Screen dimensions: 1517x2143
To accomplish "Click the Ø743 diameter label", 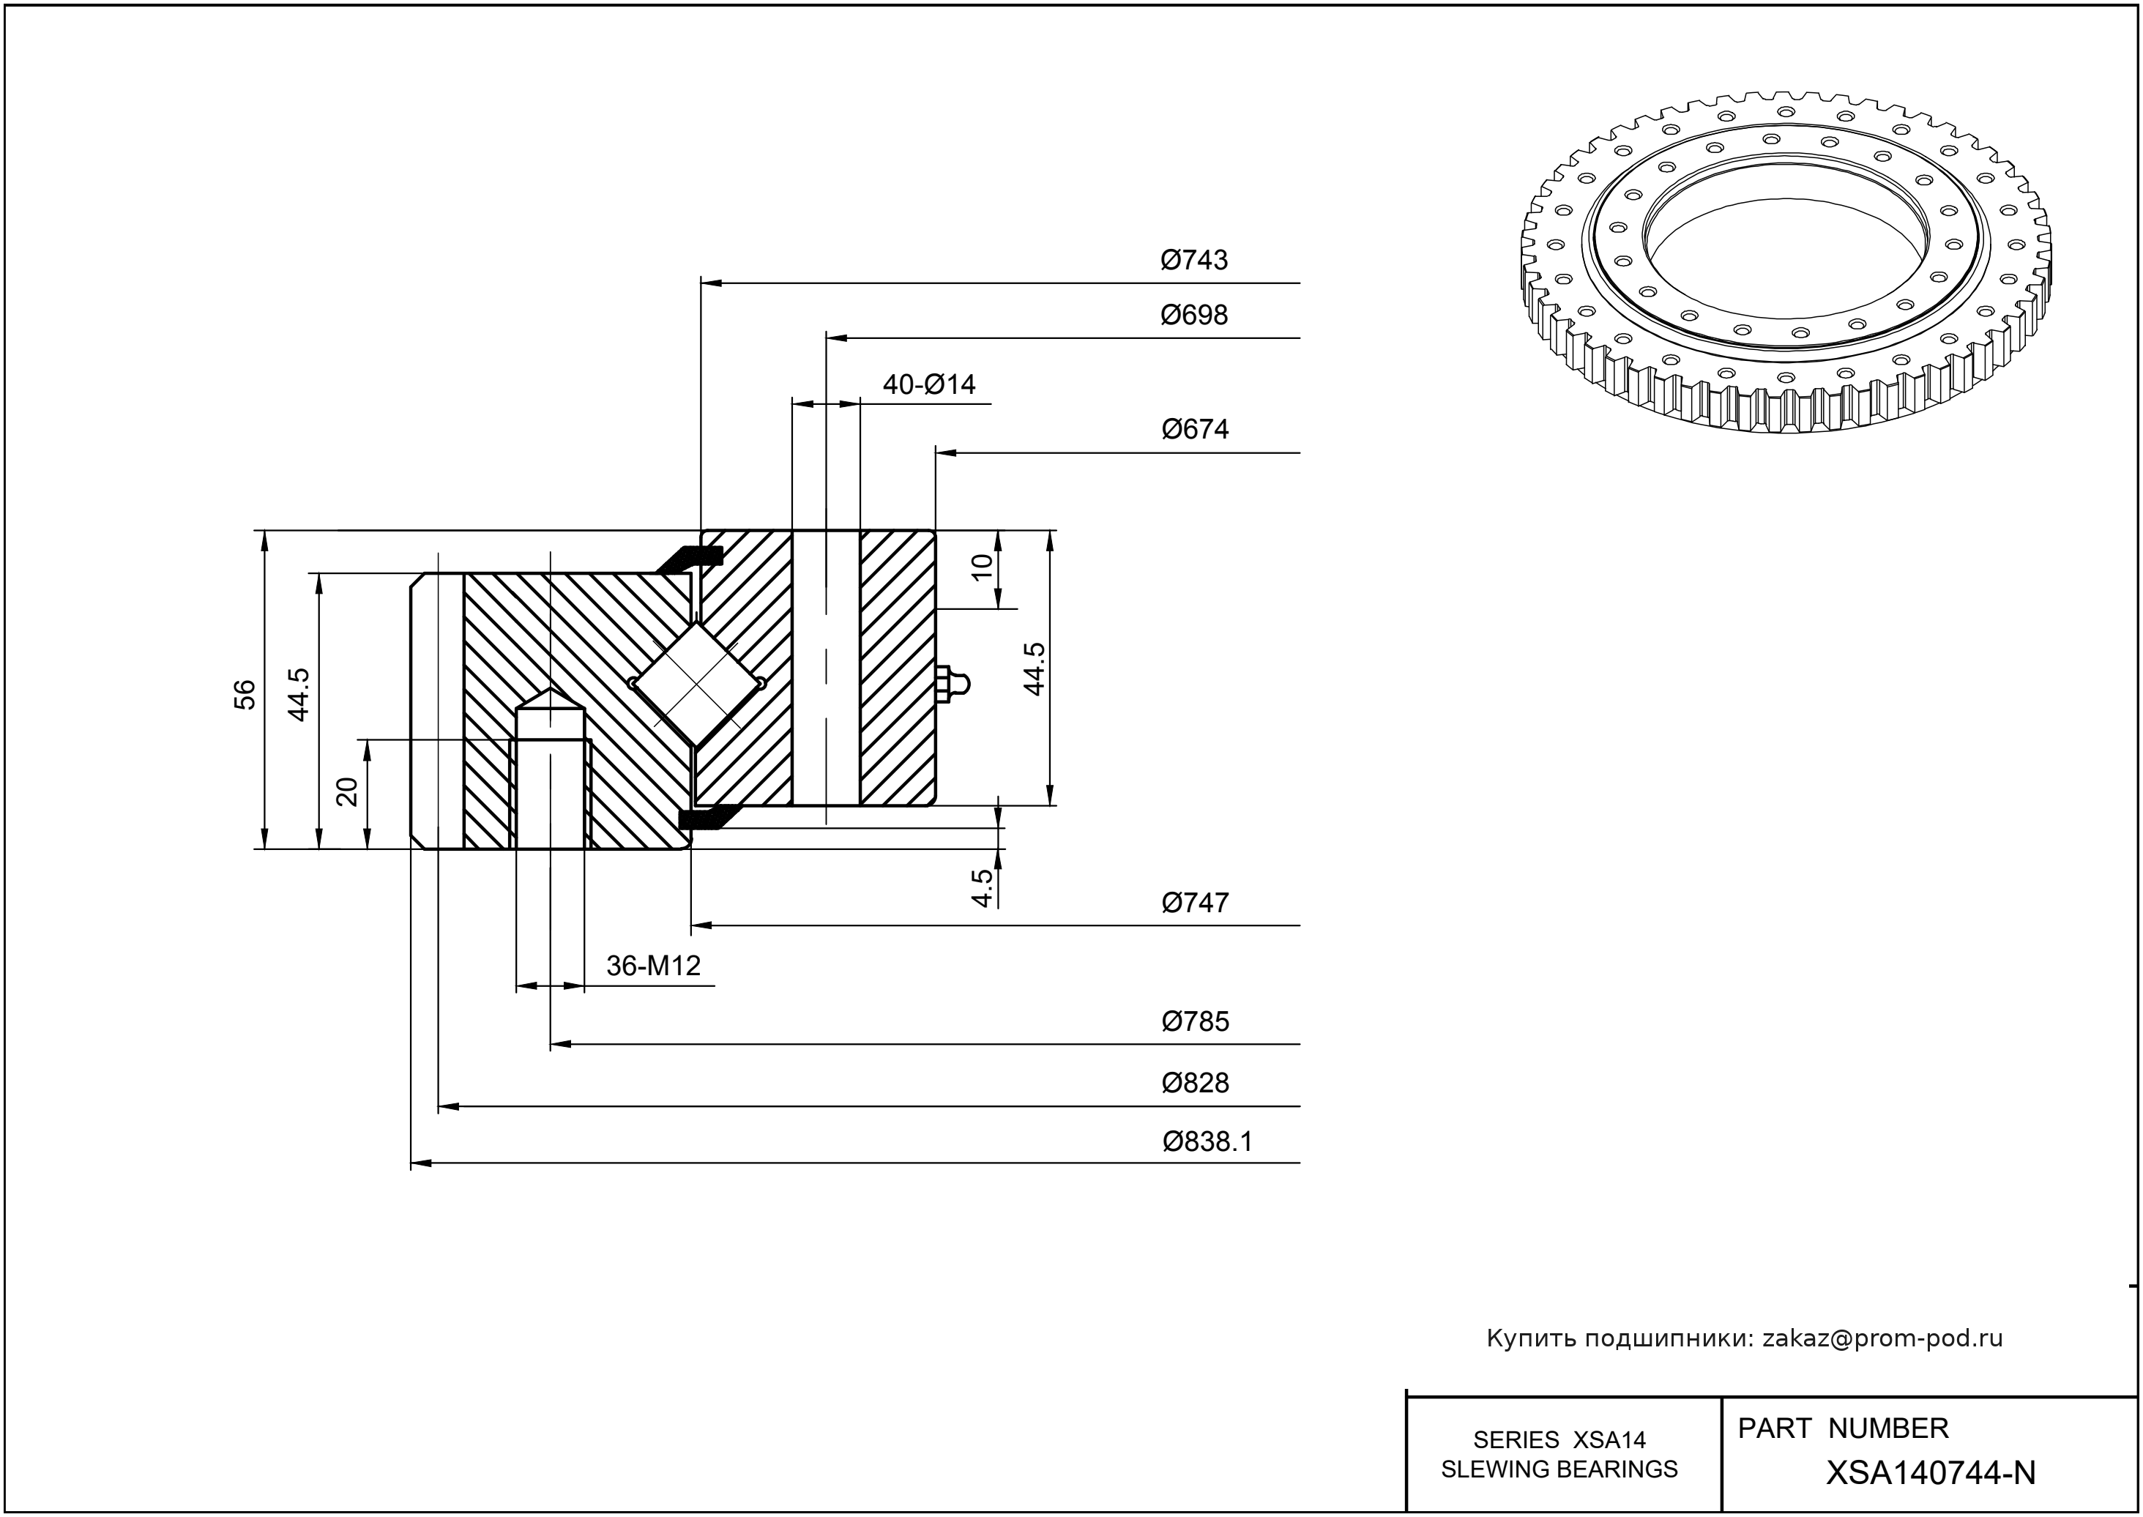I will (1194, 260).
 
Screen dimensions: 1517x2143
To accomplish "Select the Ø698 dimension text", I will (1194, 315).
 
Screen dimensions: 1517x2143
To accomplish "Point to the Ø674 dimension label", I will (1195, 429).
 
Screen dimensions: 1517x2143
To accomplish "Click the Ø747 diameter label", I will (1195, 902).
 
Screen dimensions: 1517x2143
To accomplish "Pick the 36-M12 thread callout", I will (653, 965).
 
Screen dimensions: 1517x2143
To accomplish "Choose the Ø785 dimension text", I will (1195, 1021).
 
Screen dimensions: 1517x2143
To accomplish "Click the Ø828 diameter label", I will (1195, 1083).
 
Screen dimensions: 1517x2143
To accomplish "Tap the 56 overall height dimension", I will (244, 694).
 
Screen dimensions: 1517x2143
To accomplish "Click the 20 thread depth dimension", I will (346, 791).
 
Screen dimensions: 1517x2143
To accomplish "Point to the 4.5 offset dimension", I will (982, 887).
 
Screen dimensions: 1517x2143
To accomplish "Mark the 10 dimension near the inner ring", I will (982, 566).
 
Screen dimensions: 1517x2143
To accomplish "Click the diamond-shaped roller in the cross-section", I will (697, 685).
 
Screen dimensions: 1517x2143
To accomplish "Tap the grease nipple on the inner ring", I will (953, 684).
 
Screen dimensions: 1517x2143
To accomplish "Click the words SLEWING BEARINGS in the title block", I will (1559, 1469).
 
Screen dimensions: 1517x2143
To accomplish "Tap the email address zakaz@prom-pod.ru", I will (1882, 1338).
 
